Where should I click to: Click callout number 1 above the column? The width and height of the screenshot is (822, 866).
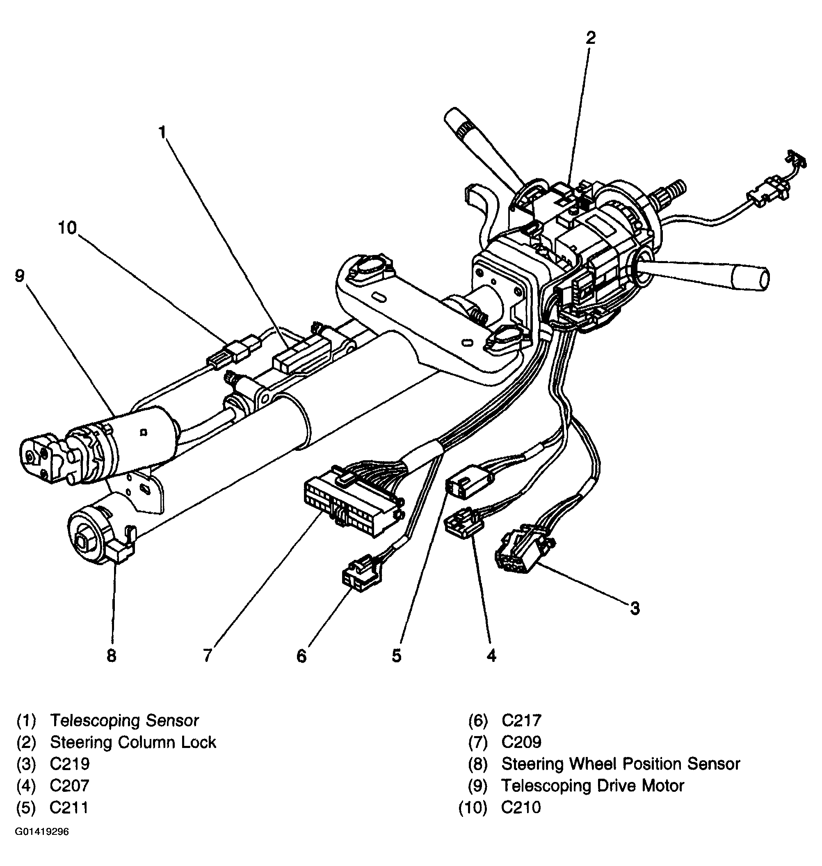[162, 132]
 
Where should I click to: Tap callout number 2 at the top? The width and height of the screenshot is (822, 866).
[591, 39]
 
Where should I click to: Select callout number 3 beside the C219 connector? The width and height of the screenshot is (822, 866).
[635, 608]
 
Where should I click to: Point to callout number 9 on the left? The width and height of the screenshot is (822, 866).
[20, 276]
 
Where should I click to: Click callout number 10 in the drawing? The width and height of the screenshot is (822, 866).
[68, 227]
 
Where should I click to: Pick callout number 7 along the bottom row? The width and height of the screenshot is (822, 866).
[207, 655]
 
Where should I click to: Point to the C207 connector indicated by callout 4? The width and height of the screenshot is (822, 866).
[463, 524]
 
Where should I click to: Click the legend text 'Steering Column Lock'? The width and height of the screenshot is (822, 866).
[133, 742]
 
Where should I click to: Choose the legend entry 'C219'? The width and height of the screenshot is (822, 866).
[70, 764]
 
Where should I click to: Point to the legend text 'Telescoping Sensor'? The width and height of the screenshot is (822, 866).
[124, 721]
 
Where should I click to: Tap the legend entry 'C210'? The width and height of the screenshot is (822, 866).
[521, 807]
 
